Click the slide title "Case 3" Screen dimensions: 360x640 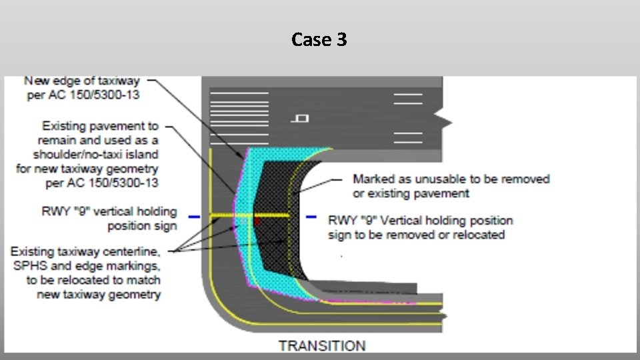coord(319,40)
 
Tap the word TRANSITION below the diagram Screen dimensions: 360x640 coord(322,345)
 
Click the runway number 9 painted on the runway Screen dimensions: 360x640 coord(301,119)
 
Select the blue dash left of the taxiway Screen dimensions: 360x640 coord(194,217)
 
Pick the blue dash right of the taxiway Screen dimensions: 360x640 coord(311,217)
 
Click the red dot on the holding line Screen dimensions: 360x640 coord(255,218)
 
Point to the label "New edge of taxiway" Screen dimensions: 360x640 coord(82,81)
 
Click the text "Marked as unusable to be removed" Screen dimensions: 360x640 coord(451,179)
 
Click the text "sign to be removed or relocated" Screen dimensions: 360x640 coord(416,234)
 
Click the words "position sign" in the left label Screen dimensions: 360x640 coord(143,225)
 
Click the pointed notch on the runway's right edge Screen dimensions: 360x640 coord(447,121)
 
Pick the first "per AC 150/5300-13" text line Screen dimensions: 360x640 coord(82,95)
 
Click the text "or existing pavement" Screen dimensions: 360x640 coord(411,193)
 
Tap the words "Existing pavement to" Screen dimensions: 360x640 coord(100,125)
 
